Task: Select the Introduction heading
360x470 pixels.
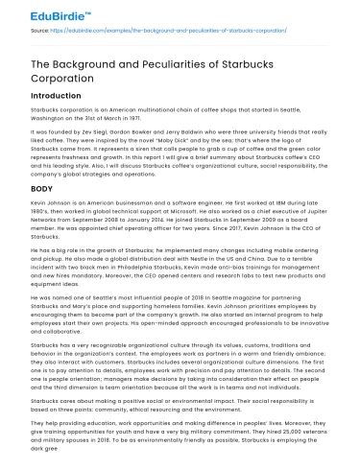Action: [56, 97]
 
